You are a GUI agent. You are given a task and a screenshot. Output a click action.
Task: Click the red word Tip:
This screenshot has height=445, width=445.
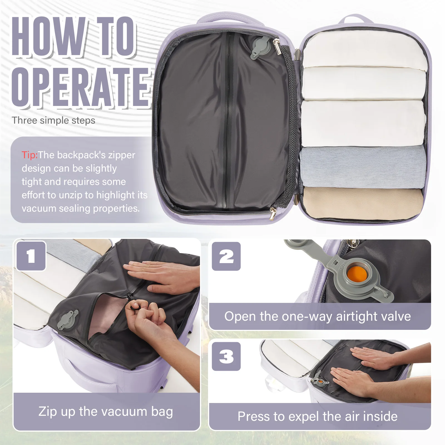tap(29, 155)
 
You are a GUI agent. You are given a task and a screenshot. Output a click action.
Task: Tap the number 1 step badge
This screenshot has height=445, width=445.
tap(31, 256)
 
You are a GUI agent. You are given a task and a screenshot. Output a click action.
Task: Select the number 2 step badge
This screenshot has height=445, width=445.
tap(226, 256)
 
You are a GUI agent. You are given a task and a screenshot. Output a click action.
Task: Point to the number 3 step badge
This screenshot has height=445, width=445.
tap(226, 356)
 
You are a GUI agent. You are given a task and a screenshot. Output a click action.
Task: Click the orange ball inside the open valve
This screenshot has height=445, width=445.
tap(357, 274)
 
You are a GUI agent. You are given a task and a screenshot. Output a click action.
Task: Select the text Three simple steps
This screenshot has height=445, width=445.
tap(53, 120)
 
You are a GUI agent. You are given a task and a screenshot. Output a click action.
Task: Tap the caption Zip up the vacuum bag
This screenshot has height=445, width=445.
tap(106, 412)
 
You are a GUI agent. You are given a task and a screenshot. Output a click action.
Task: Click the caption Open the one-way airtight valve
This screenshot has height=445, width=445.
tap(318, 316)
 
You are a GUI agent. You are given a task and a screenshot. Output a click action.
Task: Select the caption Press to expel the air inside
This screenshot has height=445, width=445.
tap(318, 416)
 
